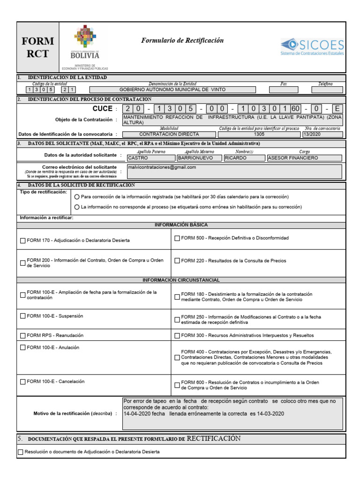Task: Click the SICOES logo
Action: (x=312, y=47)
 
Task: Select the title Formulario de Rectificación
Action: (x=182, y=41)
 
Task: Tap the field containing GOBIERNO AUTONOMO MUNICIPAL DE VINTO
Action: (x=172, y=89)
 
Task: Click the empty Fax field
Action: (x=283, y=89)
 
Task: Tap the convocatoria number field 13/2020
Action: (x=322, y=134)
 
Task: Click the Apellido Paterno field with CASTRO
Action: (x=147, y=158)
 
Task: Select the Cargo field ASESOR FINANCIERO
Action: (x=304, y=158)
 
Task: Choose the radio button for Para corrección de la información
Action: (x=77, y=197)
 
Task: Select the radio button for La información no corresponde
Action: (x=77, y=207)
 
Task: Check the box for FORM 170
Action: (x=23, y=240)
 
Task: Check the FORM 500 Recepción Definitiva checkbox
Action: (x=177, y=238)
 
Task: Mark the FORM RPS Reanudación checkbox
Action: (x=23, y=335)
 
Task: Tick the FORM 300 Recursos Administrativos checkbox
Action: (x=177, y=336)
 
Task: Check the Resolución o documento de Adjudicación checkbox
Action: (x=20, y=452)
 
